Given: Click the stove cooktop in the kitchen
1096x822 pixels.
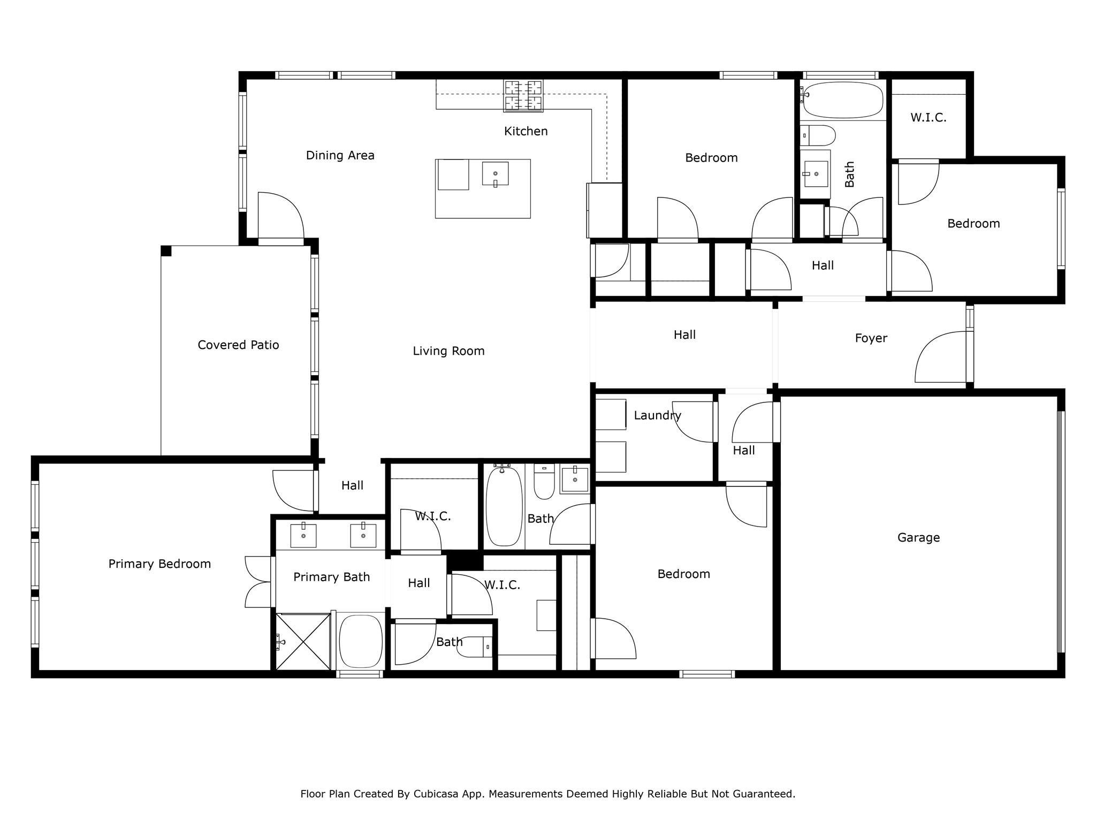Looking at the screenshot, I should click(523, 96).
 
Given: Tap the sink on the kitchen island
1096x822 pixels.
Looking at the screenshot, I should click(495, 174).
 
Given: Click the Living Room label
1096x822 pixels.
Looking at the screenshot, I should click(448, 351).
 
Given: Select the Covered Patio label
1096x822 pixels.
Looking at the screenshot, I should click(238, 345).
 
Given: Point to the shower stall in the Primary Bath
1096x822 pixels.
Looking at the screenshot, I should click(302, 641).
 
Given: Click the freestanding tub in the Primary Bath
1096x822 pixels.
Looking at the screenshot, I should click(361, 641).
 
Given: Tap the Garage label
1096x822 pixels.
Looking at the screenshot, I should click(918, 537).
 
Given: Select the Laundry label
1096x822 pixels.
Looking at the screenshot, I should click(657, 415).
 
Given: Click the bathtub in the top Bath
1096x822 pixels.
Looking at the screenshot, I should click(842, 100).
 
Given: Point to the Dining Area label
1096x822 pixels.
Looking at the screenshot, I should click(340, 155).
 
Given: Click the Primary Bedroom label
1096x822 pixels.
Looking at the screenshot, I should click(159, 564).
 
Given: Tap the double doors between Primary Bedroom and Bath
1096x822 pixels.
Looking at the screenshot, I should click(259, 582).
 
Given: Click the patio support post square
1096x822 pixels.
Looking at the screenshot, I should click(166, 251).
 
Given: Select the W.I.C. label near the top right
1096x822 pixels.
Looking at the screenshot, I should click(928, 118).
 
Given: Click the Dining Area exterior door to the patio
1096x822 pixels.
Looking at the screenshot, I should click(280, 217).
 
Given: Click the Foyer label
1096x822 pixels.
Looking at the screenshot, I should click(871, 338).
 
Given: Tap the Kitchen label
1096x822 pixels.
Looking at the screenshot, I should click(526, 131).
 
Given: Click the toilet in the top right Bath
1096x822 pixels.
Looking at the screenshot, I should click(818, 136).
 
